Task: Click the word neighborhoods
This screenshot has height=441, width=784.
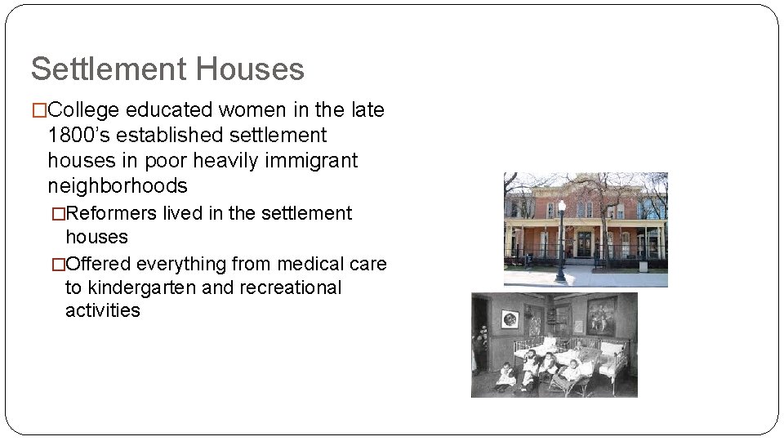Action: click(118, 186)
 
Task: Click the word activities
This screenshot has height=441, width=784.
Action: click(103, 311)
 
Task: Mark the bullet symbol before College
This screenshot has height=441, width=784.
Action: click(38, 110)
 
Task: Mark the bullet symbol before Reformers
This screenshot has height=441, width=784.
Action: click(57, 214)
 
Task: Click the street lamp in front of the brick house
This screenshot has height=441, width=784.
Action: click(561, 241)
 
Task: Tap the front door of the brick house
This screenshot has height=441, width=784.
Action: click(585, 243)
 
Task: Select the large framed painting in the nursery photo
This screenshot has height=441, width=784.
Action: click(602, 315)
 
